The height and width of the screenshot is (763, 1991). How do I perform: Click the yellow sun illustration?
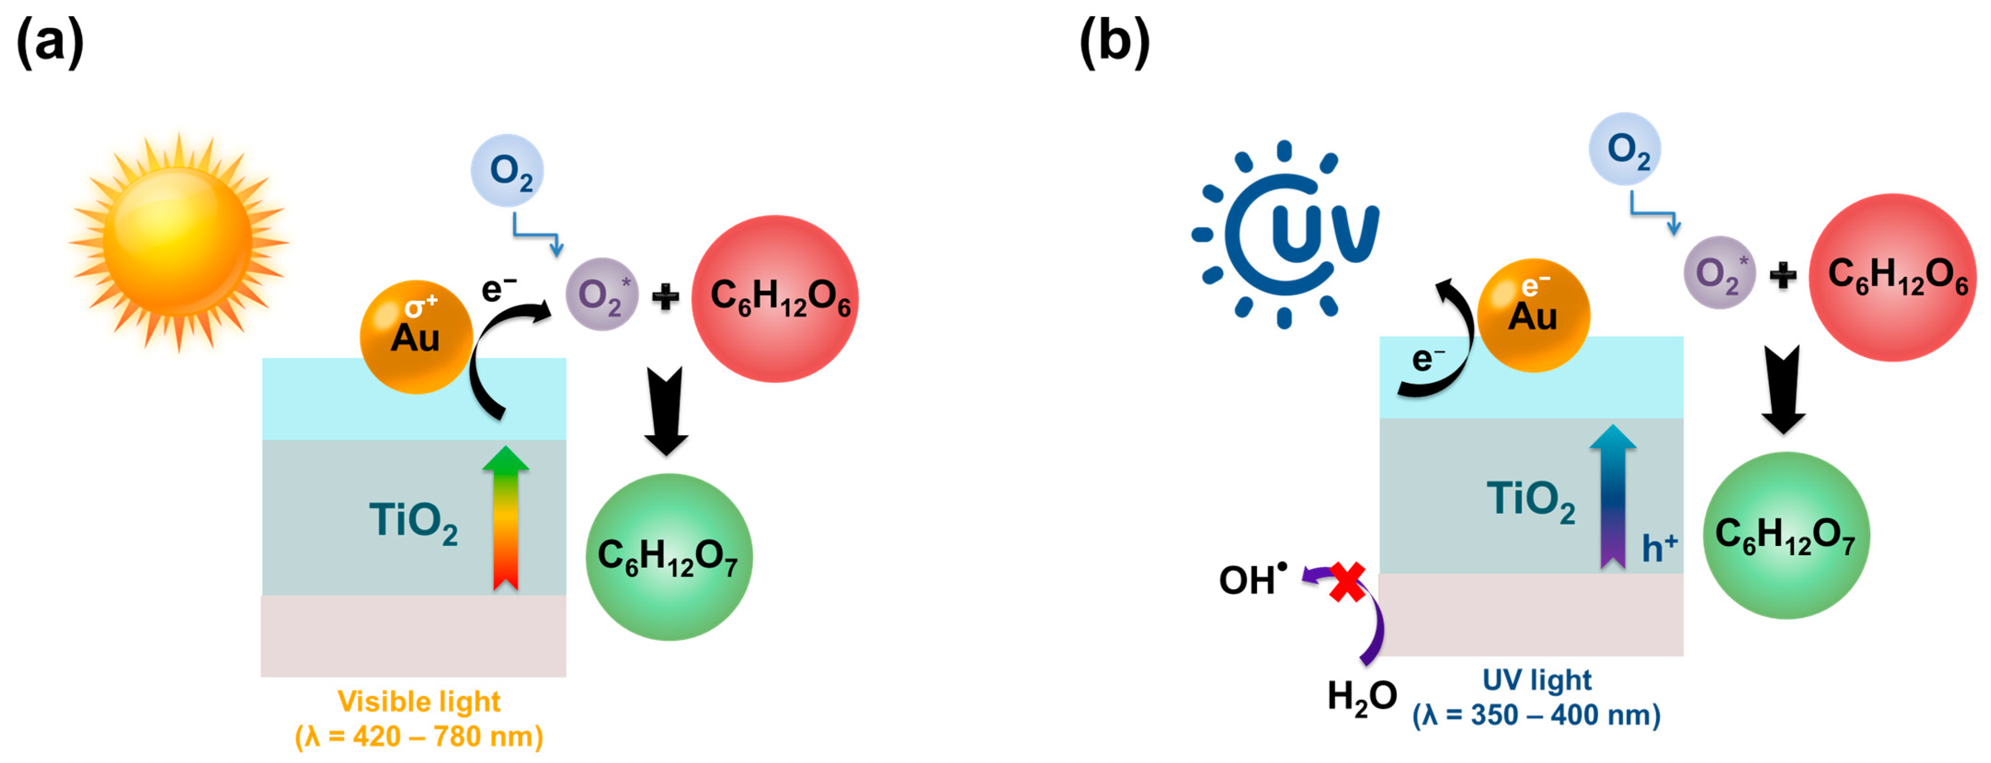point(178,242)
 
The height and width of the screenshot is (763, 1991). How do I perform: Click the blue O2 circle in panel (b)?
point(1625,149)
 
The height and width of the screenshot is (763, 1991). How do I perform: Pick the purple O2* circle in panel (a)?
point(601,294)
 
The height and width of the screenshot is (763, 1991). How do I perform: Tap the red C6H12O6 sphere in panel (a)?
point(775,298)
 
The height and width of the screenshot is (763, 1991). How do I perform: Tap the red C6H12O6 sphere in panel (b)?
point(1892,277)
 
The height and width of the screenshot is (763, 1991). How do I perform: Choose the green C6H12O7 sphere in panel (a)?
point(668,556)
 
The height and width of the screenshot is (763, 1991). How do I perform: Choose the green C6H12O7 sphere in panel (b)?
point(1786,535)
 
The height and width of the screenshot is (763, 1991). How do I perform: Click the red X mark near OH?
point(1347,582)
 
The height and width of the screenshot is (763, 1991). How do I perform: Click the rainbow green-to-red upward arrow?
point(506,518)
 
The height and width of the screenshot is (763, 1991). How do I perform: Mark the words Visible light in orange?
point(419,701)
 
